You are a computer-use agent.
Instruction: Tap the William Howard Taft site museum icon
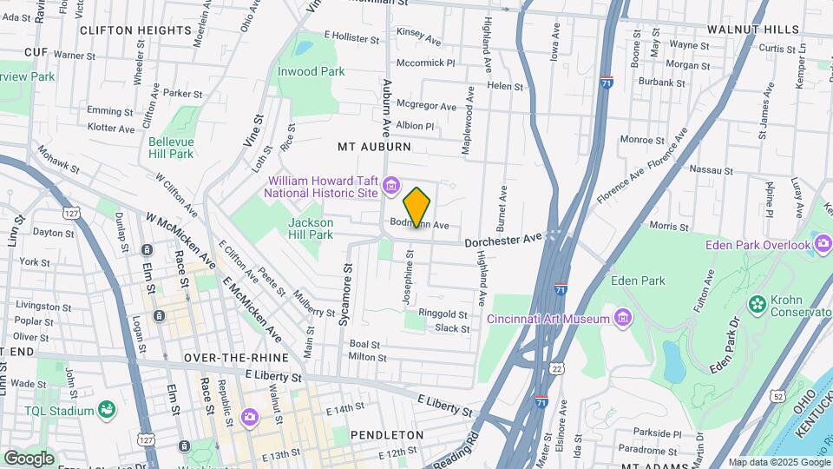(x=390, y=184)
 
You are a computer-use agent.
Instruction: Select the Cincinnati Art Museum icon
(x=621, y=319)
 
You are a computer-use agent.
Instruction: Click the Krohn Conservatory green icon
(x=757, y=303)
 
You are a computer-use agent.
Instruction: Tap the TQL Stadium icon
(x=107, y=409)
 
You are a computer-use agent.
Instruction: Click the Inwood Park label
(x=311, y=71)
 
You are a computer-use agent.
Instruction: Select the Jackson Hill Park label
(x=310, y=228)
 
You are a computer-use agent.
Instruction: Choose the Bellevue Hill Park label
(x=170, y=148)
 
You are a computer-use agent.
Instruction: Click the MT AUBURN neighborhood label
(x=374, y=147)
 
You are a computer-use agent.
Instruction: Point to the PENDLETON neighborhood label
(x=386, y=433)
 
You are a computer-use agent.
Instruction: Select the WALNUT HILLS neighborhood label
(x=752, y=29)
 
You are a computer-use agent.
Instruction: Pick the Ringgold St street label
(x=443, y=314)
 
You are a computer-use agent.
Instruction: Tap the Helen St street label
(x=505, y=86)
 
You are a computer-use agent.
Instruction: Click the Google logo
(x=28, y=458)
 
